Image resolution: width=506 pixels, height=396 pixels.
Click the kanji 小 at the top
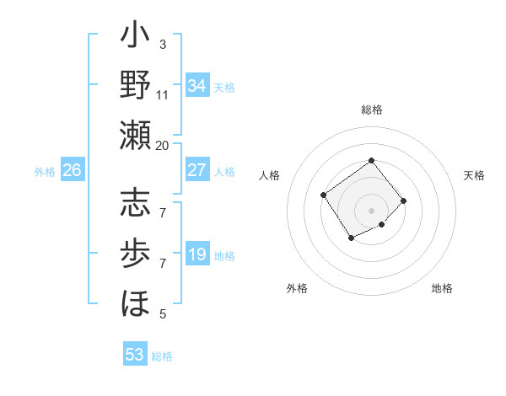click(x=136, y=38)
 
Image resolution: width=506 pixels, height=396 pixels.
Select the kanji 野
click(x=136, y=85)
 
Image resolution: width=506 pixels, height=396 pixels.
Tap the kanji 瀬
click(x=136, y=134)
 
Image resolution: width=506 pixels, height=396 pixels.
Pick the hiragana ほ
click(x=136, y=301)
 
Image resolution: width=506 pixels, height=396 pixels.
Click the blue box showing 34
click(x=197, y=86)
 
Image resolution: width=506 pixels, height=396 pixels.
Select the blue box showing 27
click(x=197, y=170)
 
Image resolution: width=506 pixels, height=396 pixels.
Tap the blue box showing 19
click(x=197, y=254)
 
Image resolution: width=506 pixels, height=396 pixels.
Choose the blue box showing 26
click(x=72, y=170)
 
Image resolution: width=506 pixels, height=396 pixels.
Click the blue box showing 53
click(x=135, y=355)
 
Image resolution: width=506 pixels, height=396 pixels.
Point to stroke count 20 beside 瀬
click(x=162, y=145)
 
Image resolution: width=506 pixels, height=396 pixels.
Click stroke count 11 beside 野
click(x=162, y=94)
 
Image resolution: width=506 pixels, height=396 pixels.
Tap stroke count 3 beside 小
click(x=162, y=44)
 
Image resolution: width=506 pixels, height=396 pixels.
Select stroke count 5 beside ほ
click(x=162, y=314)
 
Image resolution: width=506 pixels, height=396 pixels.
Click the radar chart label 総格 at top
click(x=371, y=110)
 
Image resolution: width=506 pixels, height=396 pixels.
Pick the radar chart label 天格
click(x=474, y=175)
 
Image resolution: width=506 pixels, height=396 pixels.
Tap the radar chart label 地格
click(x=442, y=288)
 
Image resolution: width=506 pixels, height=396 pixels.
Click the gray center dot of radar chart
click(x=371, y=210)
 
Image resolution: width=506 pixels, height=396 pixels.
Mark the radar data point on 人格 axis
click(x=324, y=195)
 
